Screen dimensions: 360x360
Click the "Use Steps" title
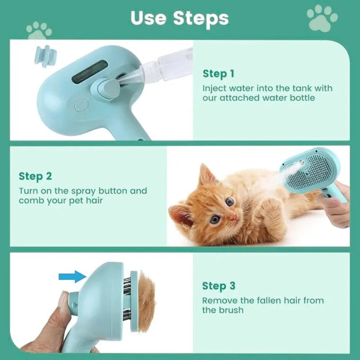(x=180, y=18)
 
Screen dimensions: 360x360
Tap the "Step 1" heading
(x=218, y=73)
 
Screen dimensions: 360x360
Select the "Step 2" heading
(x=35, y=176)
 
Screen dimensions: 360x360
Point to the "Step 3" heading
(x=218, y=286)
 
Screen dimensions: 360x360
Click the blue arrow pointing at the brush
(x=72, y=276)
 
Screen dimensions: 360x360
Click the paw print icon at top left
(x=39, y=31)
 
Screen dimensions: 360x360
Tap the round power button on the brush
(x=81, y=105)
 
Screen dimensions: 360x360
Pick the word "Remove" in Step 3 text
(x=218, y=300)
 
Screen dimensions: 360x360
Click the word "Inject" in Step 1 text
(x=214, y=88)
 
